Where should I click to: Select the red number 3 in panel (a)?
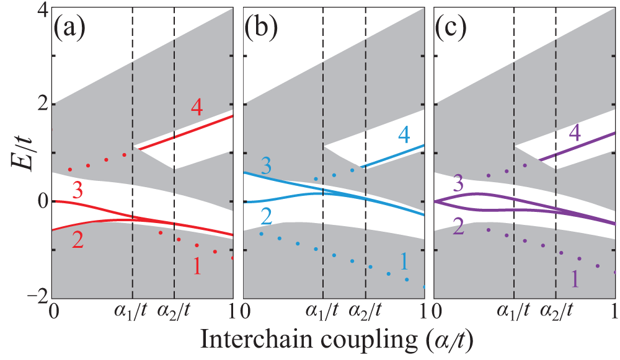77,191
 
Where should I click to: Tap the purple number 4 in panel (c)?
575,133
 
